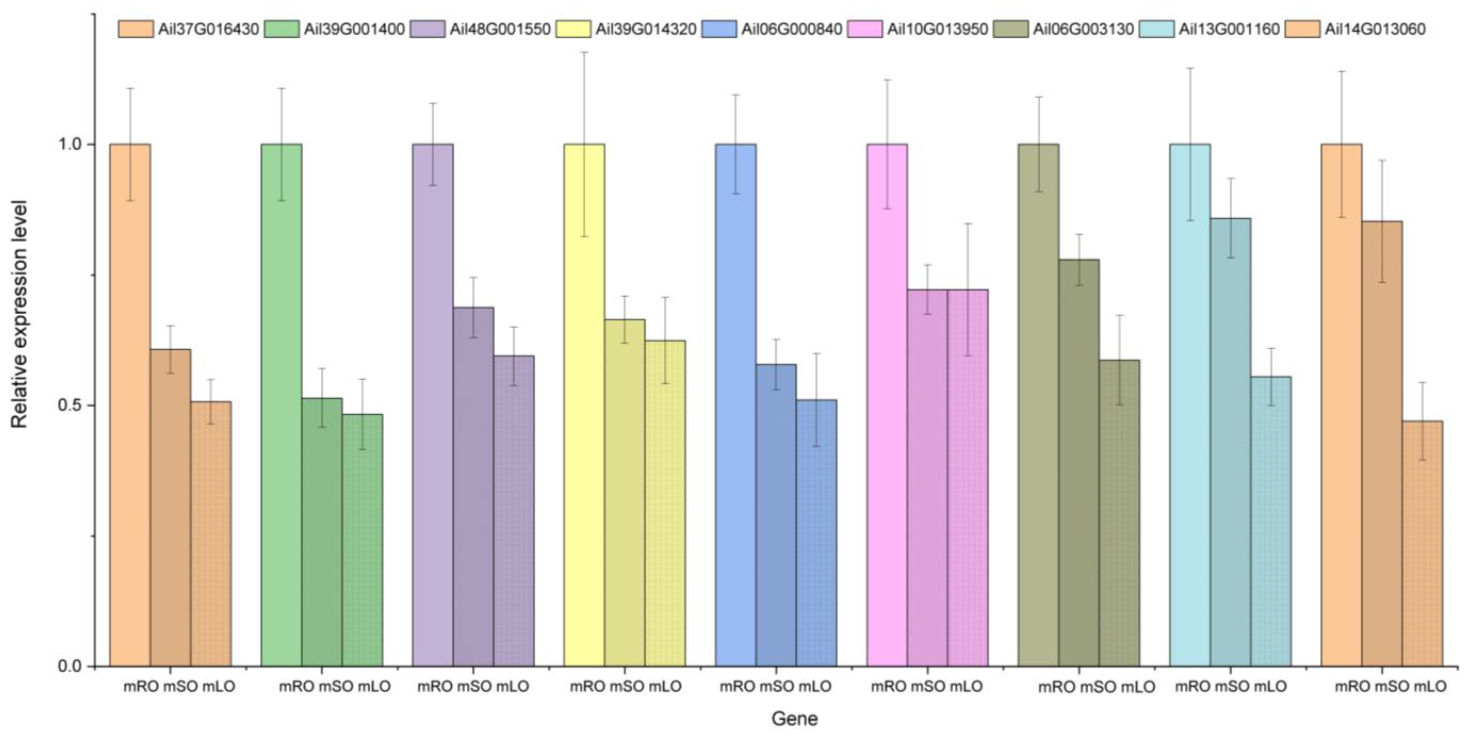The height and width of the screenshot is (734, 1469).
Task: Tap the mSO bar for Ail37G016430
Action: [170, 507]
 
